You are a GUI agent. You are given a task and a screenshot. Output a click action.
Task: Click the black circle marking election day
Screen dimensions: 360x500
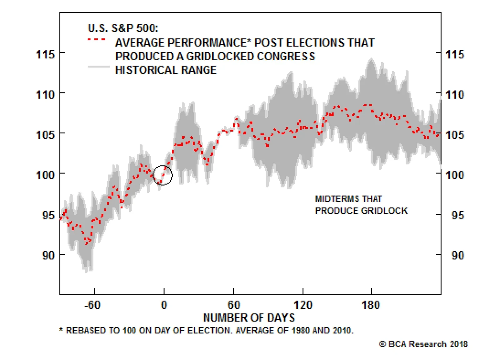click(x=162, y=175)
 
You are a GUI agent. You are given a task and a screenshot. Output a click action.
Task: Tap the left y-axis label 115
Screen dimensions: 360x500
click(x=45, y=55)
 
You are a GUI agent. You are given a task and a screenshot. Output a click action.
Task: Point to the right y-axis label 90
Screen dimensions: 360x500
click(x=457, y=256)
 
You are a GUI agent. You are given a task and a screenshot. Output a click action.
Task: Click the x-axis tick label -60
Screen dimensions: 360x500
click(x=92, y=305)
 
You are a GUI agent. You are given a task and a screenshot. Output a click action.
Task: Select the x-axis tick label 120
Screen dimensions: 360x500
click(x=303, y=305)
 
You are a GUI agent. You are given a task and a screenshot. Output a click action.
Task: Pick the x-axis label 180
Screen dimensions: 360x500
click(x=371, y=305)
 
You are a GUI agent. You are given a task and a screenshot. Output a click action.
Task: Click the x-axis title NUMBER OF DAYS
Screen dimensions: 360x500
click(x=249, y=318)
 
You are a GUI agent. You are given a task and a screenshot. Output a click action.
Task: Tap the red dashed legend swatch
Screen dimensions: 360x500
click(x=97, y=40)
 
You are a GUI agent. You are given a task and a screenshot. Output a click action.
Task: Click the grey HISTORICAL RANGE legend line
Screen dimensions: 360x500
click(x=99, y=67)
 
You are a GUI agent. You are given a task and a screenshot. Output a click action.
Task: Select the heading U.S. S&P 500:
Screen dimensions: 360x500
click(x=123, y=28)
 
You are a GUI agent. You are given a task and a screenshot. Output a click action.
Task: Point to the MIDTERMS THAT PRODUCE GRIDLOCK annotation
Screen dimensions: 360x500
click(x=361, y=205)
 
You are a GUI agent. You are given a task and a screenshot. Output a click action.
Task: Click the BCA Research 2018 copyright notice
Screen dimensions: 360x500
click(x=423, y=344)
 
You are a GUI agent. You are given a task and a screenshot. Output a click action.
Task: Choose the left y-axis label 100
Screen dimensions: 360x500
click(x=45, y=175)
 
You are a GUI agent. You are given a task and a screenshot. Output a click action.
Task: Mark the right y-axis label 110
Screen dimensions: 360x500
click(x=455, y=95)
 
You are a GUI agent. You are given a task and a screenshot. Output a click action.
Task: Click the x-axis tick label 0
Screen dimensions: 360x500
click(x=164, y=305)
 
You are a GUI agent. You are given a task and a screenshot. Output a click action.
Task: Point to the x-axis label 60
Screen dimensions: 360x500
click(x=234, y=305)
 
